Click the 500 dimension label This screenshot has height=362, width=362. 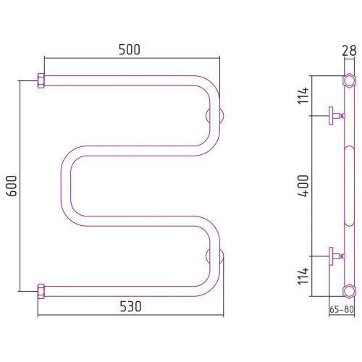click(130, 50)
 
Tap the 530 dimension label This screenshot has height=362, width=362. click(130, 306)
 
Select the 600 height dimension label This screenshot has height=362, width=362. click(12, 185)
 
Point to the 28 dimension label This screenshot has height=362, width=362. click(349, 51)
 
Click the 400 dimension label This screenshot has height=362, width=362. click(303, 185)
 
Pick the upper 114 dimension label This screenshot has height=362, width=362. click(303, 96)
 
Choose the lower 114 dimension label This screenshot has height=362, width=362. click(303, 276)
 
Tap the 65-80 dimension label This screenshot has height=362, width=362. click(342, 309)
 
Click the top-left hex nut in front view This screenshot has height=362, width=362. click(41, 80)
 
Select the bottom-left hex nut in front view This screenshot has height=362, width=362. click(41, 291)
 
